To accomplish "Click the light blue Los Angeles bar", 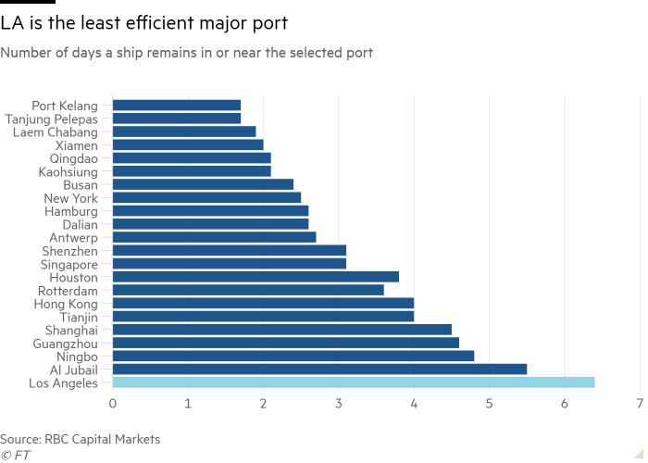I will pos(354,382).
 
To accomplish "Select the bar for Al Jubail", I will pos(320,369).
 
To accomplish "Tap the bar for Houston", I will pos(255,276).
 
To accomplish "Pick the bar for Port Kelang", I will pos(177,105).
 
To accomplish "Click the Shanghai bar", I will pos(282,329).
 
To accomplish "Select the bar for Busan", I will pos(204,184).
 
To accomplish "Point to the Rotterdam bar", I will pos(248,290).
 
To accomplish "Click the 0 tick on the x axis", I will pos(113,404).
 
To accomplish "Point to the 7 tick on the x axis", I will pos(640,404).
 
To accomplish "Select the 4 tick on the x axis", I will pos(414,404).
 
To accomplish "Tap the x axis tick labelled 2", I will pos(263,404).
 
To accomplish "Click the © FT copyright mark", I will pos(13,454).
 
